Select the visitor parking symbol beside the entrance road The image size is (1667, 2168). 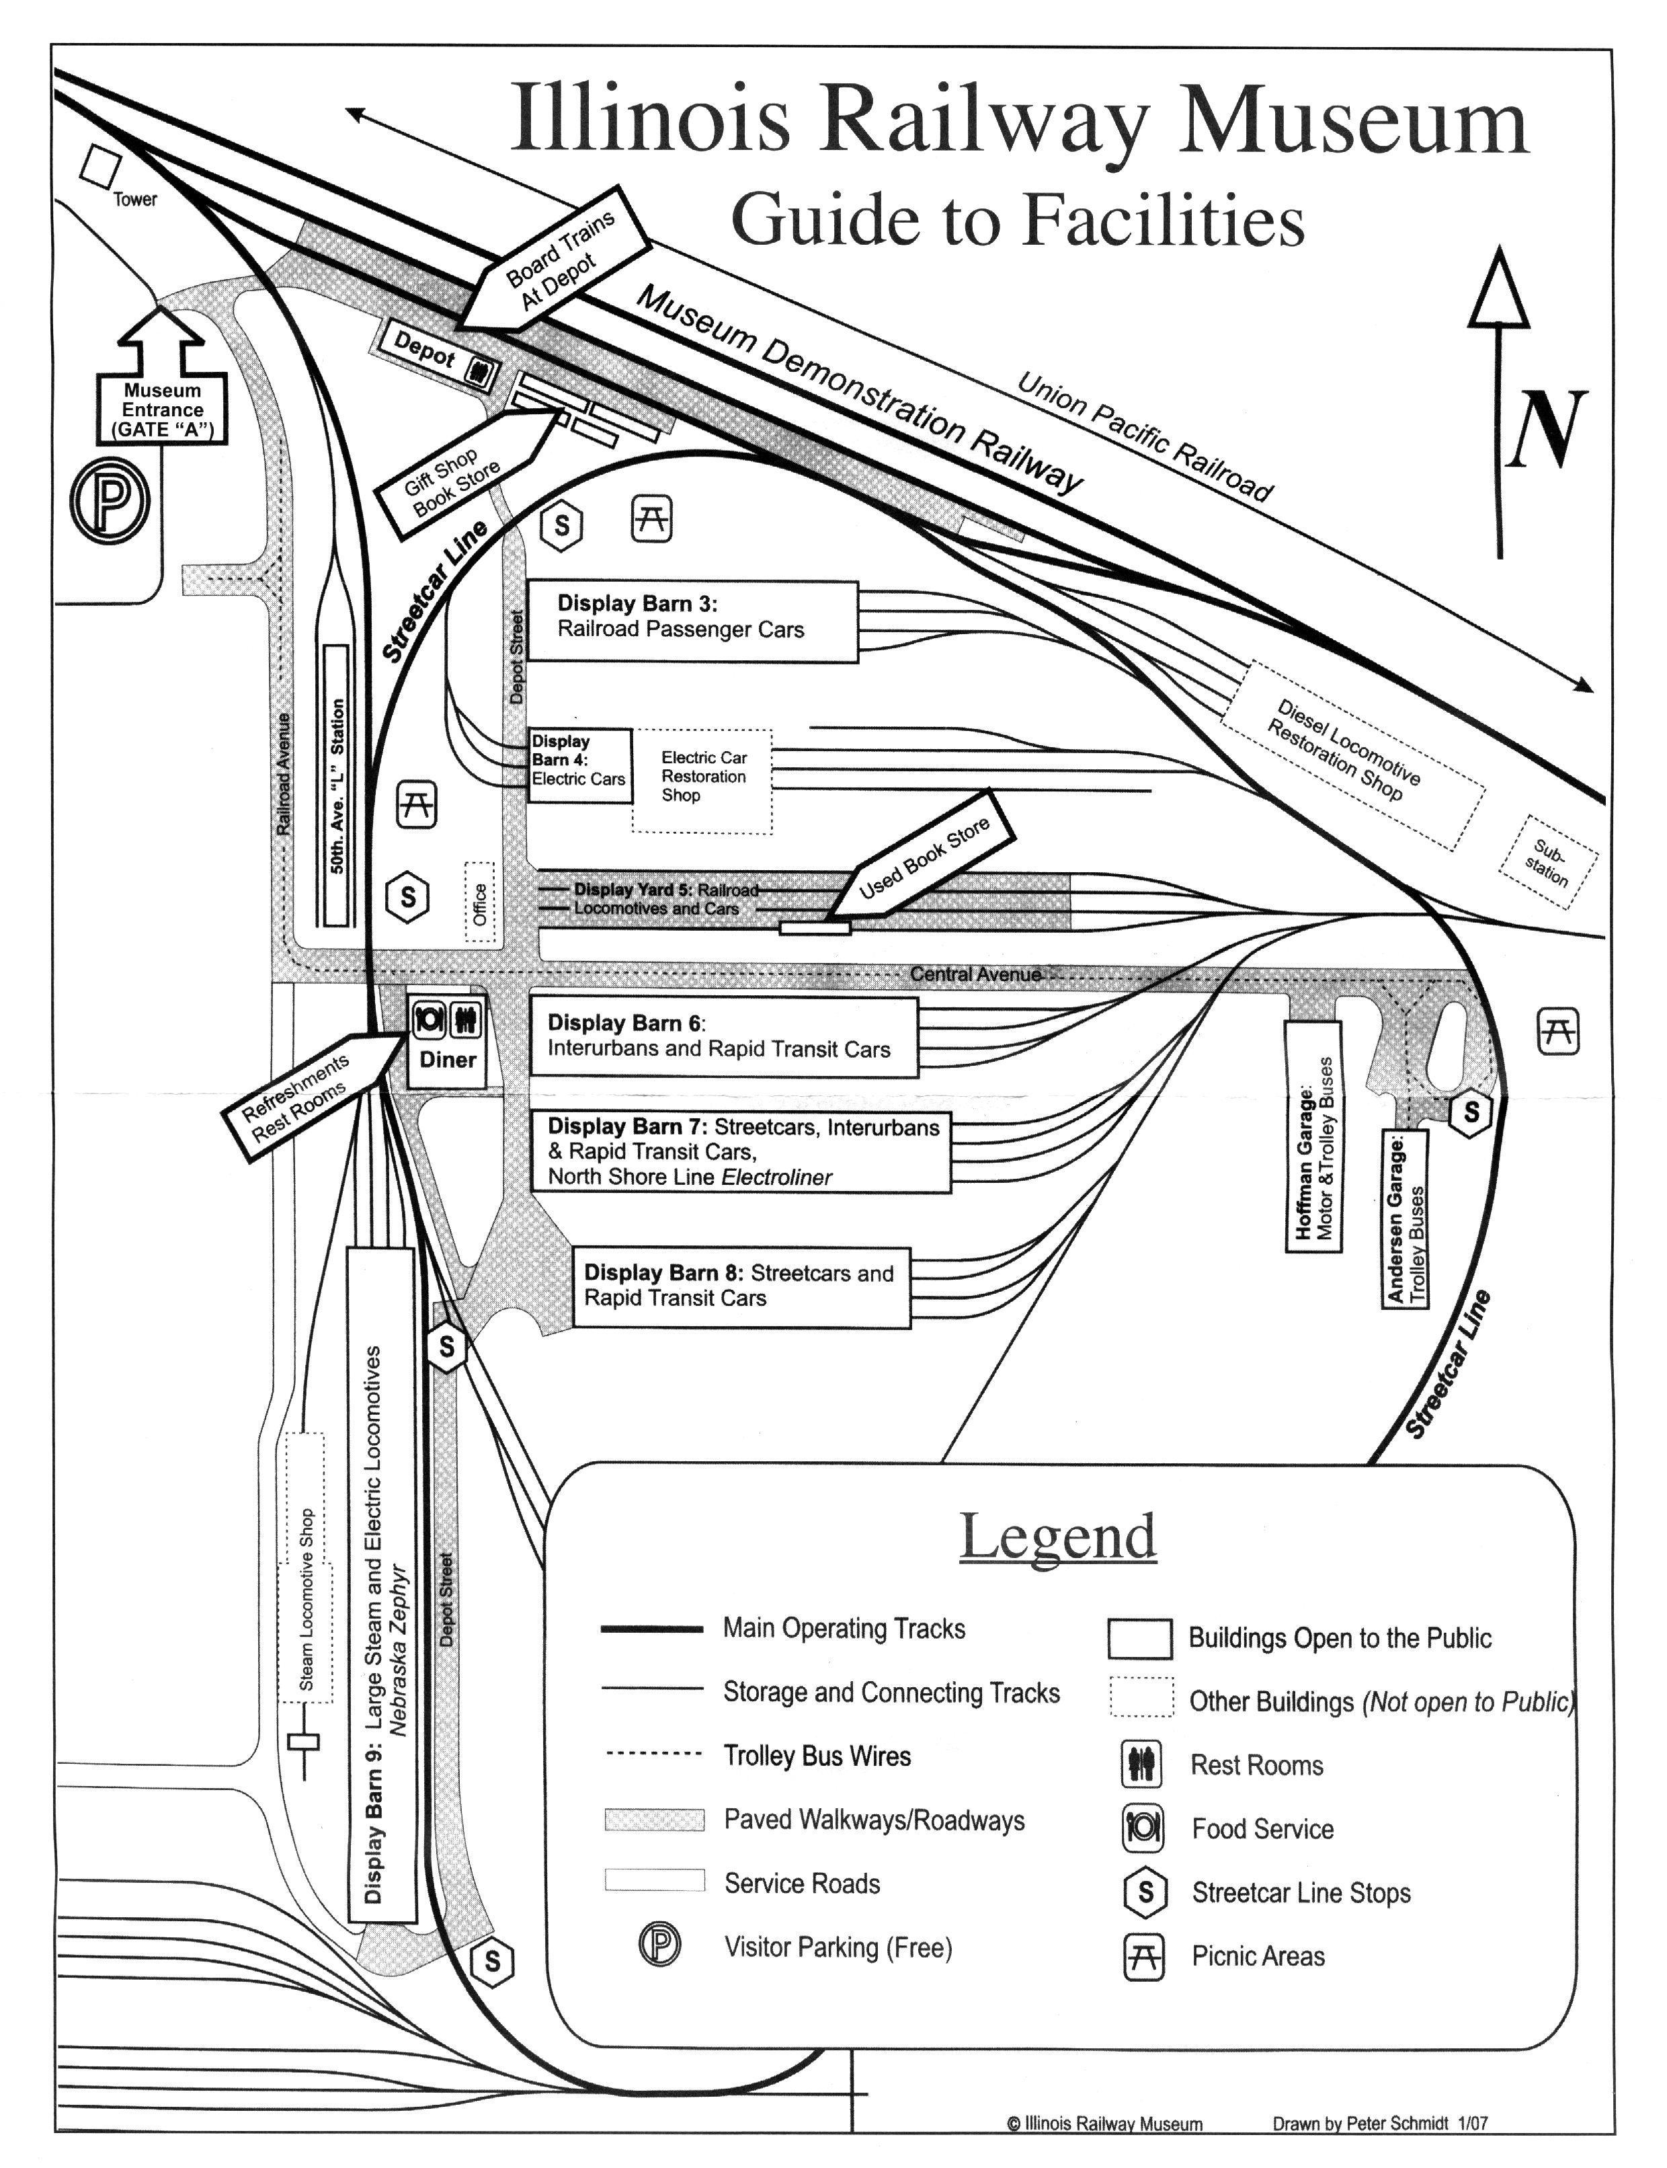click(110, 500)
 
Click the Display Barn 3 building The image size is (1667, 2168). click(692, 621)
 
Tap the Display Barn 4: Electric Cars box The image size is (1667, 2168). click(579, 765)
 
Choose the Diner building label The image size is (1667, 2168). click(448, 1059)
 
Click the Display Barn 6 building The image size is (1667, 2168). click(723, 1036)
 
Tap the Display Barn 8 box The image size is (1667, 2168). click(740, 1286)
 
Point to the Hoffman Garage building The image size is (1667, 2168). click(1313, 1136)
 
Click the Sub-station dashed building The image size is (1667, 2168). click(1548, 861)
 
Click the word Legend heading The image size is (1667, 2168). click(1058, 1537)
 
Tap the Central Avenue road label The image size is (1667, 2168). click(975, 974)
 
